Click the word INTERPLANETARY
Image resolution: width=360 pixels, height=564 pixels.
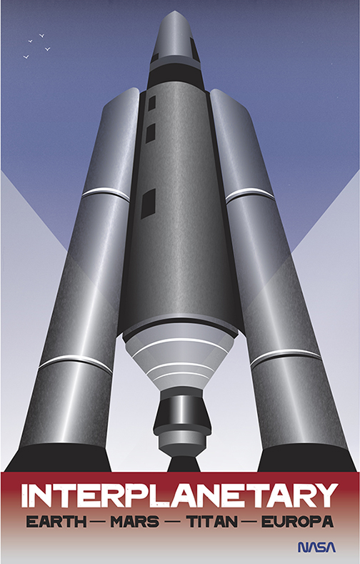[x=179, y=495]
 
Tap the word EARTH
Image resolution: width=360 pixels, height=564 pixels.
[x=56, y=522]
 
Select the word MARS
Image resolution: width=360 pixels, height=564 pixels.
[x=135, y=522]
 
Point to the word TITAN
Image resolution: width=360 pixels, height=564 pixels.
[x=211, y=522]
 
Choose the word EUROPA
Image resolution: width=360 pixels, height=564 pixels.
[x=297, y=522]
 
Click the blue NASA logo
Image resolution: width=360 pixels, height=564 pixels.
[x=317, y=547]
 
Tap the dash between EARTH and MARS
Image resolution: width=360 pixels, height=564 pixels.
[x=99, y=522]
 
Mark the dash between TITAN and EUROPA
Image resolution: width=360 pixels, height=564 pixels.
[x=249, y=522]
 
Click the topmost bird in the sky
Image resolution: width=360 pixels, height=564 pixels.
[x=41, y=36]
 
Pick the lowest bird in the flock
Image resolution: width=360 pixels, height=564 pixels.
[x=26, y=56]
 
